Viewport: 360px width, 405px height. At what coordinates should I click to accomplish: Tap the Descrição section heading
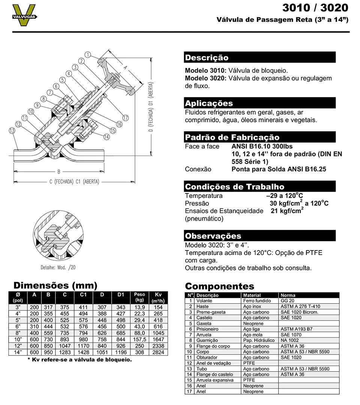[x=207, y=58]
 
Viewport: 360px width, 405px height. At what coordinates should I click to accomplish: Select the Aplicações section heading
[x=209, y=103]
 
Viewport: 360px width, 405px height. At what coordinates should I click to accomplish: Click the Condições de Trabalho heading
[x=235, y=186]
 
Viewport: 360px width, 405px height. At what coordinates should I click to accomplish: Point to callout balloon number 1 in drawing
[x=87, y=55]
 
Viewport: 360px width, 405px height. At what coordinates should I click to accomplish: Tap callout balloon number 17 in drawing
[x=125, y=118]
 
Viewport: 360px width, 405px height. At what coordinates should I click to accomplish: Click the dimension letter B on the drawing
[x=58, y=172]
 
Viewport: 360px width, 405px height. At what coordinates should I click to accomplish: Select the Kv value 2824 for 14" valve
[x=158, y=352]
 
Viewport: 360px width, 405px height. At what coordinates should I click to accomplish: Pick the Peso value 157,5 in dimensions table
[x=139, y=339]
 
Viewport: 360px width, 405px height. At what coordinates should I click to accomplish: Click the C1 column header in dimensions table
[x=83, y=295]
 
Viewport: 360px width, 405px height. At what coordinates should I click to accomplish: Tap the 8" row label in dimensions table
[x=18, y=333]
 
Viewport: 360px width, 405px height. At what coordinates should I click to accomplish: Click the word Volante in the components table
[x=204, y=301]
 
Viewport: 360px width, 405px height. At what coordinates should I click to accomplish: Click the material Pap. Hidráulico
[x=259, y=340]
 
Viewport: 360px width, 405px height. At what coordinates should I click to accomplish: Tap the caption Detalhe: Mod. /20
[x=58, y=268]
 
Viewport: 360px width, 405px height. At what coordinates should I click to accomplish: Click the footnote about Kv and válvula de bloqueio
[x=79, y=360]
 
